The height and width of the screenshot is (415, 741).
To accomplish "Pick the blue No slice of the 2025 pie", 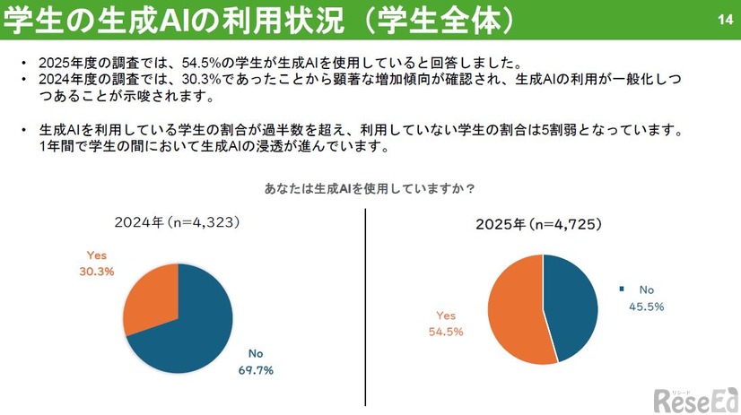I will click(x=570, y=305).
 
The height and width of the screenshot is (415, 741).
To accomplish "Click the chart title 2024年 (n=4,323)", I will click(x=179, y=220).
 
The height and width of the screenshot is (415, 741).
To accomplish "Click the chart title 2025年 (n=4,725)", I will click(x=539, y=223).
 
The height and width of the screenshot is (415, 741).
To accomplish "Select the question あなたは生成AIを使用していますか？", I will click(x=369, y=189).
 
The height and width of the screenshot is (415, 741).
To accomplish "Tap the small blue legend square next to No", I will click(x=621, y=290).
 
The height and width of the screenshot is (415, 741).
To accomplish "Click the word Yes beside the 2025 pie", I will click(x=446, y=316).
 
